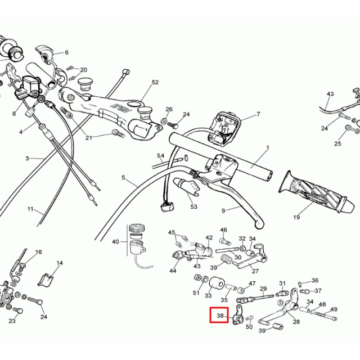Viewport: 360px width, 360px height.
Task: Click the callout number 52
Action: pyautogui.click(x=155, y=83)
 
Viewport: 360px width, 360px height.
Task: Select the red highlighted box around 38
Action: pyautogui.click(x=219, y=316)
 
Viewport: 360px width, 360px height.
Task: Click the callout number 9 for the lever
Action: pyautogui.click(x=223, y=211)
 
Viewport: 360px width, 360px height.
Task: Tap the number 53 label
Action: pyautogui.click(x=194, y=207)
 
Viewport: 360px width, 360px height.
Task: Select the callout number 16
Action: pyautogui.click(x=39, y=252)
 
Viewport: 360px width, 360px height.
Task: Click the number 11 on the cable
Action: pyautogui.click(x=30, y=209)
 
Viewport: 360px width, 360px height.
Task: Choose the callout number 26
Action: pyautogui.click(x=169, y=109)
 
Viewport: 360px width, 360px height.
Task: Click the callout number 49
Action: pyautogui.click(x=334, y=309)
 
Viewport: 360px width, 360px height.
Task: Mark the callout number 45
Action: pyautogui.click(x=172, y=232)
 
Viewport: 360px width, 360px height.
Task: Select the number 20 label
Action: pyautogui.click(x=84, y=70)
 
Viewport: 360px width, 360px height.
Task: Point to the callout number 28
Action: pyautogui.click(x=296, y=322)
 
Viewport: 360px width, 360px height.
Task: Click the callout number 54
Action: pyautogui.click(x=161, y=156)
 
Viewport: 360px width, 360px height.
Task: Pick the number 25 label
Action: pyautogui.click(x=337, y=144)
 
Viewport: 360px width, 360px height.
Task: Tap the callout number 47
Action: pyautogui.click(x=252, y=283)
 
